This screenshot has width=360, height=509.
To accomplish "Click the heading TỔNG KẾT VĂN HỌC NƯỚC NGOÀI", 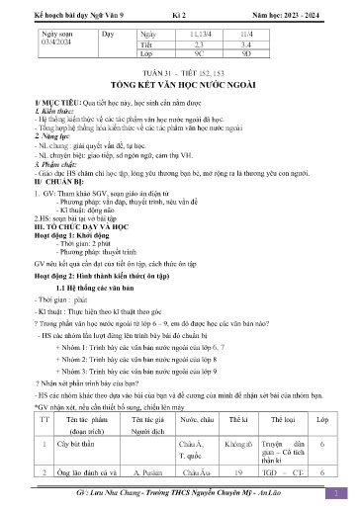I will (x=181, y=113).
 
